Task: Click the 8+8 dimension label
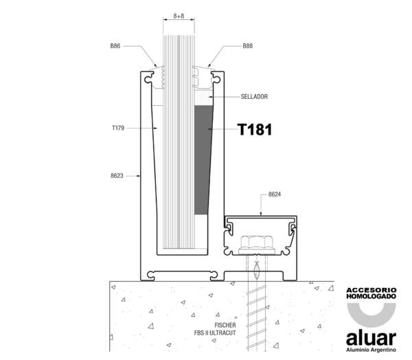[x=179, y=16]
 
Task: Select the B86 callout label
[x=115, y=46]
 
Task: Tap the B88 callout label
[x=247, y=46]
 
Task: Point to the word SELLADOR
[x=254, y=97]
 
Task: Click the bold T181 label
[x=255, y=130]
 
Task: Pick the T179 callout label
[x=118, y=128]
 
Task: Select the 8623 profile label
[x=117, y=176]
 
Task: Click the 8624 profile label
[x=275, y=194]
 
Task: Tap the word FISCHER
[x=225, y=325]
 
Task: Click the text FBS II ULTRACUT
[x=215, y=333]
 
